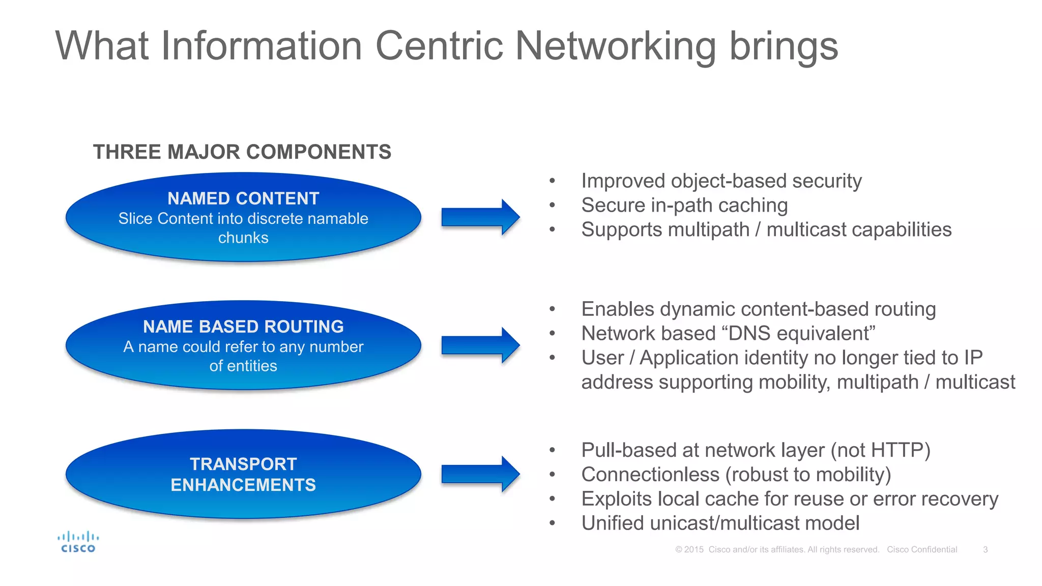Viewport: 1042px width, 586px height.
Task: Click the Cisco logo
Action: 78,542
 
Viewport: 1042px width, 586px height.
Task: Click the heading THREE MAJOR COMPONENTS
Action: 242,152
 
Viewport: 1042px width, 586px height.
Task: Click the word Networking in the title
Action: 616,46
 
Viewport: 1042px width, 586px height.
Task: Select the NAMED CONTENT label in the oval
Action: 243,198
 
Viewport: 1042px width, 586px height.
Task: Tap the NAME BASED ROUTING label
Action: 243,327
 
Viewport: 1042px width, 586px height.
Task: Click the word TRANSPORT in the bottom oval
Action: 243,464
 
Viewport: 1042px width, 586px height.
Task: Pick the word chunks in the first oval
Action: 243,238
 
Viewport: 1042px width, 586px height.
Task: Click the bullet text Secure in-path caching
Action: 684,206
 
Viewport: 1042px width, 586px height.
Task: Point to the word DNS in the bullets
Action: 750,334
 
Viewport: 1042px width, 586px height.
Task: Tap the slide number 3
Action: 985,549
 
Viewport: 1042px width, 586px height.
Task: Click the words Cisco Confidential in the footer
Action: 922,549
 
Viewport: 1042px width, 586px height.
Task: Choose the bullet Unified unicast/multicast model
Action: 720,523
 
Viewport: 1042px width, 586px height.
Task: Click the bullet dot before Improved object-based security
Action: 552,181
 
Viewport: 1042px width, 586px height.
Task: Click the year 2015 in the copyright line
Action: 693,549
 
